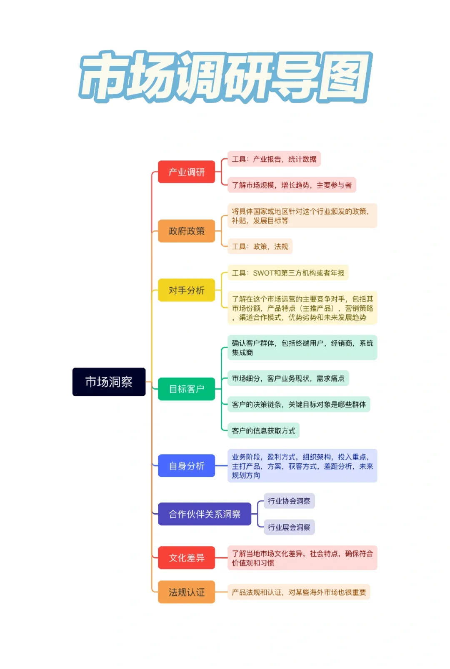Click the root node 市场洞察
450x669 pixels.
[x=109, y=382]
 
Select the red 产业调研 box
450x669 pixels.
[x=186, y=172]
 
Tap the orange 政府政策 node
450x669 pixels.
[x=186, y=231]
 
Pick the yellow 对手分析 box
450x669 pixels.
[x=186, y=290]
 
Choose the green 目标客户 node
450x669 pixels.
[x=186, y=389]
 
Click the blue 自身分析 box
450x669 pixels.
[x=186, y=465]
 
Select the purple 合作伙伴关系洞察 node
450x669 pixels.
[x=205, y=514]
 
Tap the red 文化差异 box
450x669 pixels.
[x=186, y=558]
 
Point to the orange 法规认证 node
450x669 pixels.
[x=186, y=592]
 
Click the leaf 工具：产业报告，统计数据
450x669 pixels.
[x=274, y=159]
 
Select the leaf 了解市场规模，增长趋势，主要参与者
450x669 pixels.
[x=292, y=185]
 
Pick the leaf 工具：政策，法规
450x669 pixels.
[x=260, y=246]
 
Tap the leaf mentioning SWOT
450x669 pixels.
[x=288, y=273]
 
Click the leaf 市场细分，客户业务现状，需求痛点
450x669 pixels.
[x=288, y=378]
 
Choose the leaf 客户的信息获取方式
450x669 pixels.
[x=263, y=430]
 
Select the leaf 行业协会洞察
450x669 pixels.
[x=289, y=501]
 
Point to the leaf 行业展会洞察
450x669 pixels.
[x=289, y=527]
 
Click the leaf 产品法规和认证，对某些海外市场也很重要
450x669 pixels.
[x=298, y=592]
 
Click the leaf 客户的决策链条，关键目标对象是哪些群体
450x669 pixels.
[x=298, y=404]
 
